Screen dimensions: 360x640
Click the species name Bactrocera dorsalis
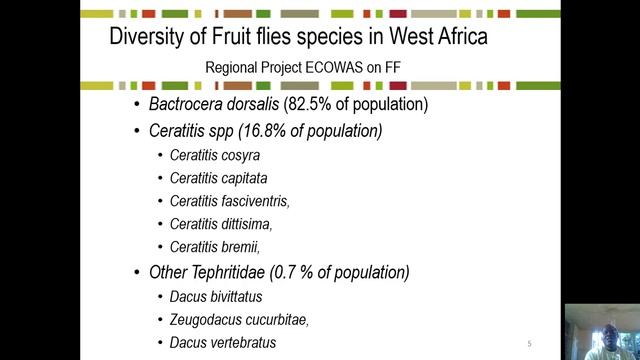[214, 105]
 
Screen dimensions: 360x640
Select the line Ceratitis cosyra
[215, 156]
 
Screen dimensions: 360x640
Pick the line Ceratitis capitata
[219, 178]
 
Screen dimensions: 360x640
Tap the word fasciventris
[253, 201]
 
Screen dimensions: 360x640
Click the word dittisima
[244, 224]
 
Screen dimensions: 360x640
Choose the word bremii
[238, 247]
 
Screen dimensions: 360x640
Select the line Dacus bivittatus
[222, 296]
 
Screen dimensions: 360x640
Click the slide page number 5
[529, 344]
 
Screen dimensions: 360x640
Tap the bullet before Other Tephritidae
[137, 273]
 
